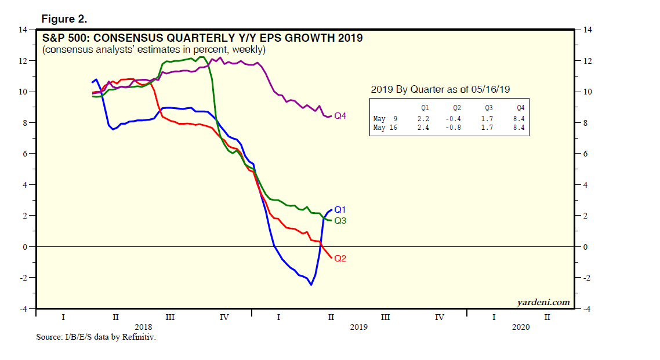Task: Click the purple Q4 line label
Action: tap(340, 116)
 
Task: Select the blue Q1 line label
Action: tap(340, 210)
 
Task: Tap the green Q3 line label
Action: tap(340, 221)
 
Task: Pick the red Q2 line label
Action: tap(340, 258)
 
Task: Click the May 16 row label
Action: tap(386, 128)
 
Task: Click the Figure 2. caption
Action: tap(64, 19)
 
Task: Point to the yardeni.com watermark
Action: tap(543, 302)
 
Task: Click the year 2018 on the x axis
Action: tap(143, 327)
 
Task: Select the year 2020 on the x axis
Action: tap(520, 327)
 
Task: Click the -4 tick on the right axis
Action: tap(585, 309)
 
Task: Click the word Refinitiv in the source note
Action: tap(141, 337)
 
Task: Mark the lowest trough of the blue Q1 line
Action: tap(311, 285)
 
